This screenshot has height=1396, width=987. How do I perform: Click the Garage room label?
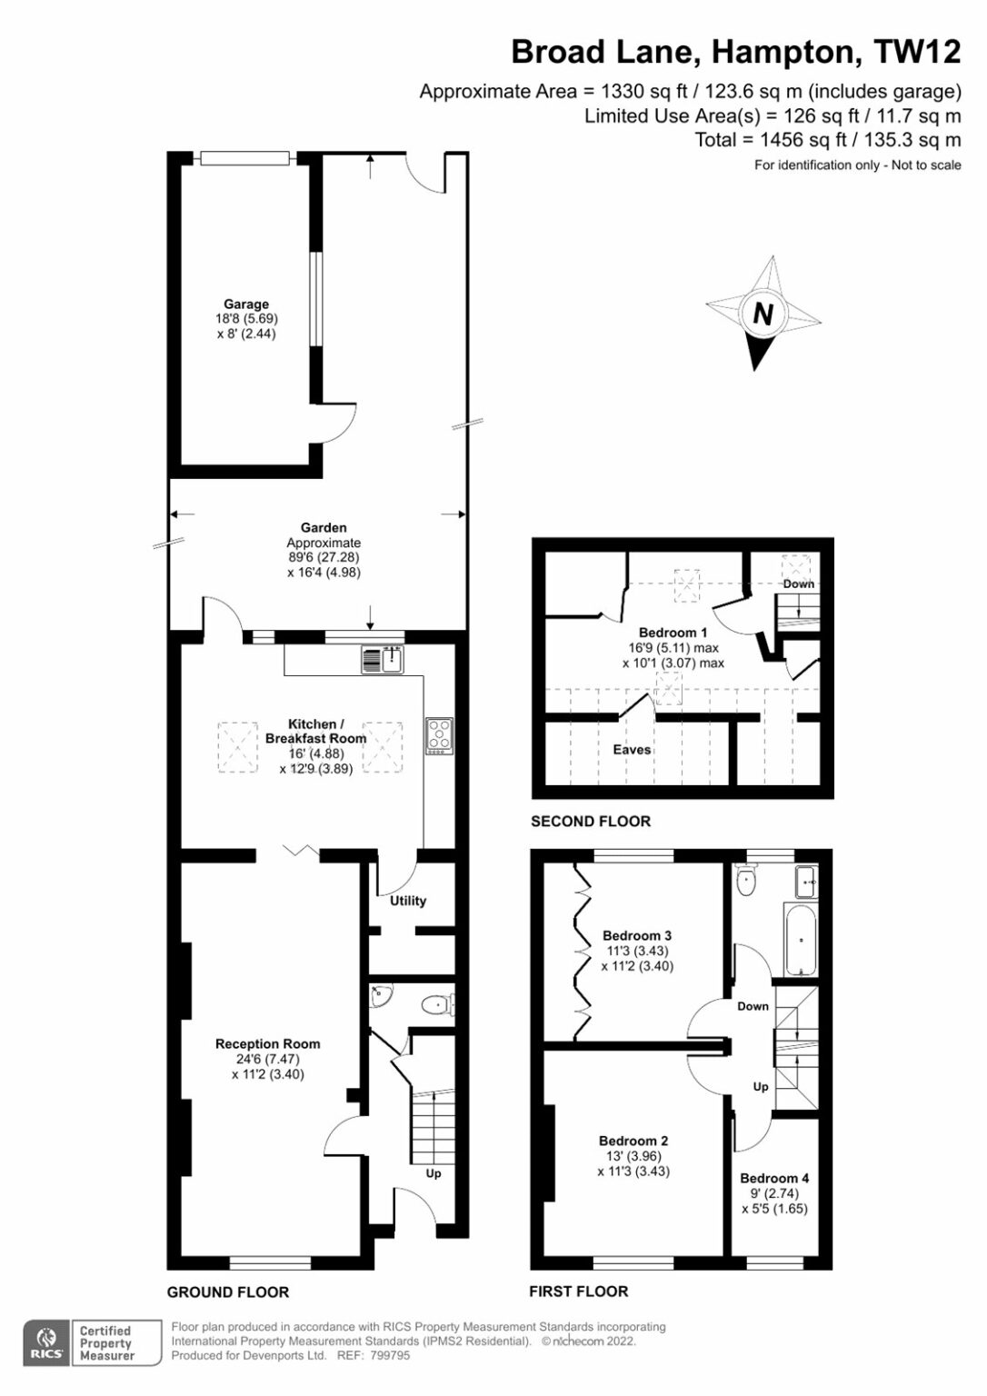pos(246,304)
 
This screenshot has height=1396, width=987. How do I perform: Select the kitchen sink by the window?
pos(383,659)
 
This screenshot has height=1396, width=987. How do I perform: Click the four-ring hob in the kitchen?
pos(440,736)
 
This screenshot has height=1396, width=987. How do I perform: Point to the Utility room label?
pos(408,901)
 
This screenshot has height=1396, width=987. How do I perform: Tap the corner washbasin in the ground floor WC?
pos(380,996)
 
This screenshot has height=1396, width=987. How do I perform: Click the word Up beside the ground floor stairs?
pos(433,1173)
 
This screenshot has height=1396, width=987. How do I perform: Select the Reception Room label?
pos(268,1044)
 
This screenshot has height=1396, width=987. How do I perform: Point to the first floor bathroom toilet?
pos(746,880)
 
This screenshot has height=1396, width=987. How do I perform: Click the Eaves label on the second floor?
pos(632,750)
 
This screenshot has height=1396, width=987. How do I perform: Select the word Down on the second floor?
pos(799,584)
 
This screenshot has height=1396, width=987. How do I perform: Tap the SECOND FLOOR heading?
pos(591,822)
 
